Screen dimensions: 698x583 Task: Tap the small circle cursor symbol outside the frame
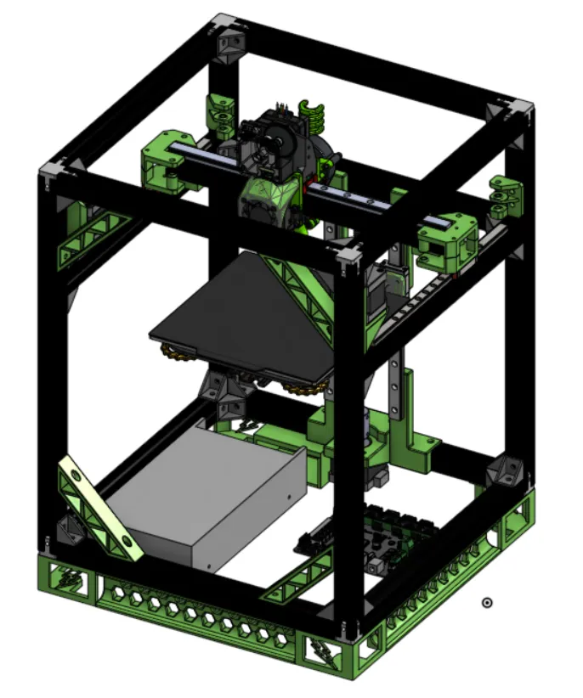point(487,602)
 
